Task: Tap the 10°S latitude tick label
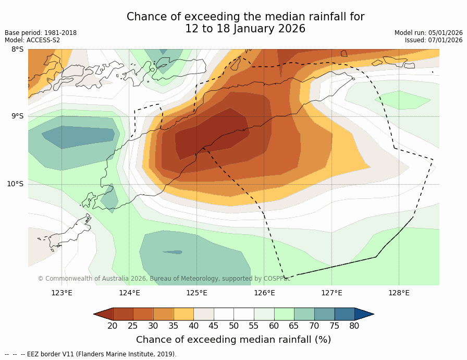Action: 15,184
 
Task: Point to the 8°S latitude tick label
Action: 17,50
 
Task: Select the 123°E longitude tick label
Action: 62,293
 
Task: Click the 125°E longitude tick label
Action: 196,293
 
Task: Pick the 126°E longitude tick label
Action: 264,293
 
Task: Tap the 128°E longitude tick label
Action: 399,293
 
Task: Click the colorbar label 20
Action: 112,326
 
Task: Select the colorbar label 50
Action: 233,326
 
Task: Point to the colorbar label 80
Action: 354,326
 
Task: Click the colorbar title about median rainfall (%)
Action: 233,340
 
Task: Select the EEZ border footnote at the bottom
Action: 91,354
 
